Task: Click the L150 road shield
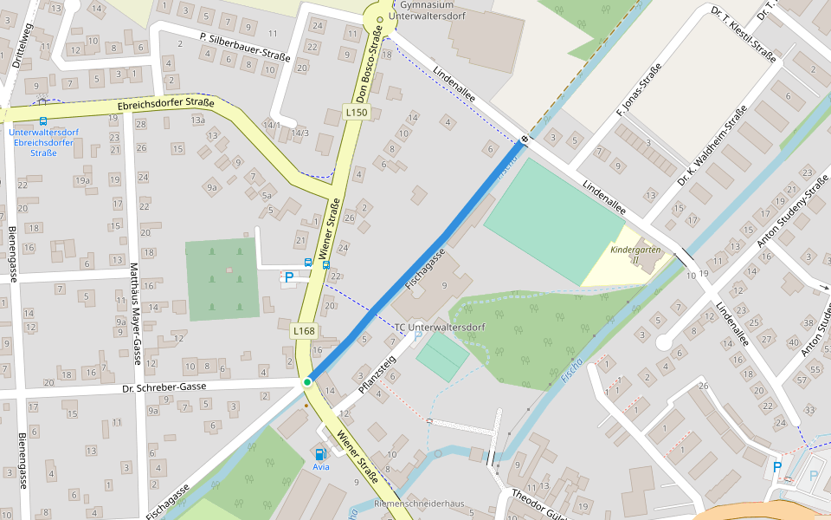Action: (x=356, y=113)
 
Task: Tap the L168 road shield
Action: (x=303, y=330)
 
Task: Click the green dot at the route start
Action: (x=307, y=382)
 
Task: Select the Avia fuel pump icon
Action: (x=320, y=453)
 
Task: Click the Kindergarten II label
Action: (x=635, y=254)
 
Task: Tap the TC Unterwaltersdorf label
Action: (x=440, y=327)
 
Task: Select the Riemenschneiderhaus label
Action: (x=419, y=504)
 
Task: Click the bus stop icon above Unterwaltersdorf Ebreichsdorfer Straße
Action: (x=43, y=122)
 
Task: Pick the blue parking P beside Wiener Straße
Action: (x=289, y=278)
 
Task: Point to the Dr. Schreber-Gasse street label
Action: (x=164, y=386)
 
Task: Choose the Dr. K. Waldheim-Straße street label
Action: (x=712, y=146)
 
